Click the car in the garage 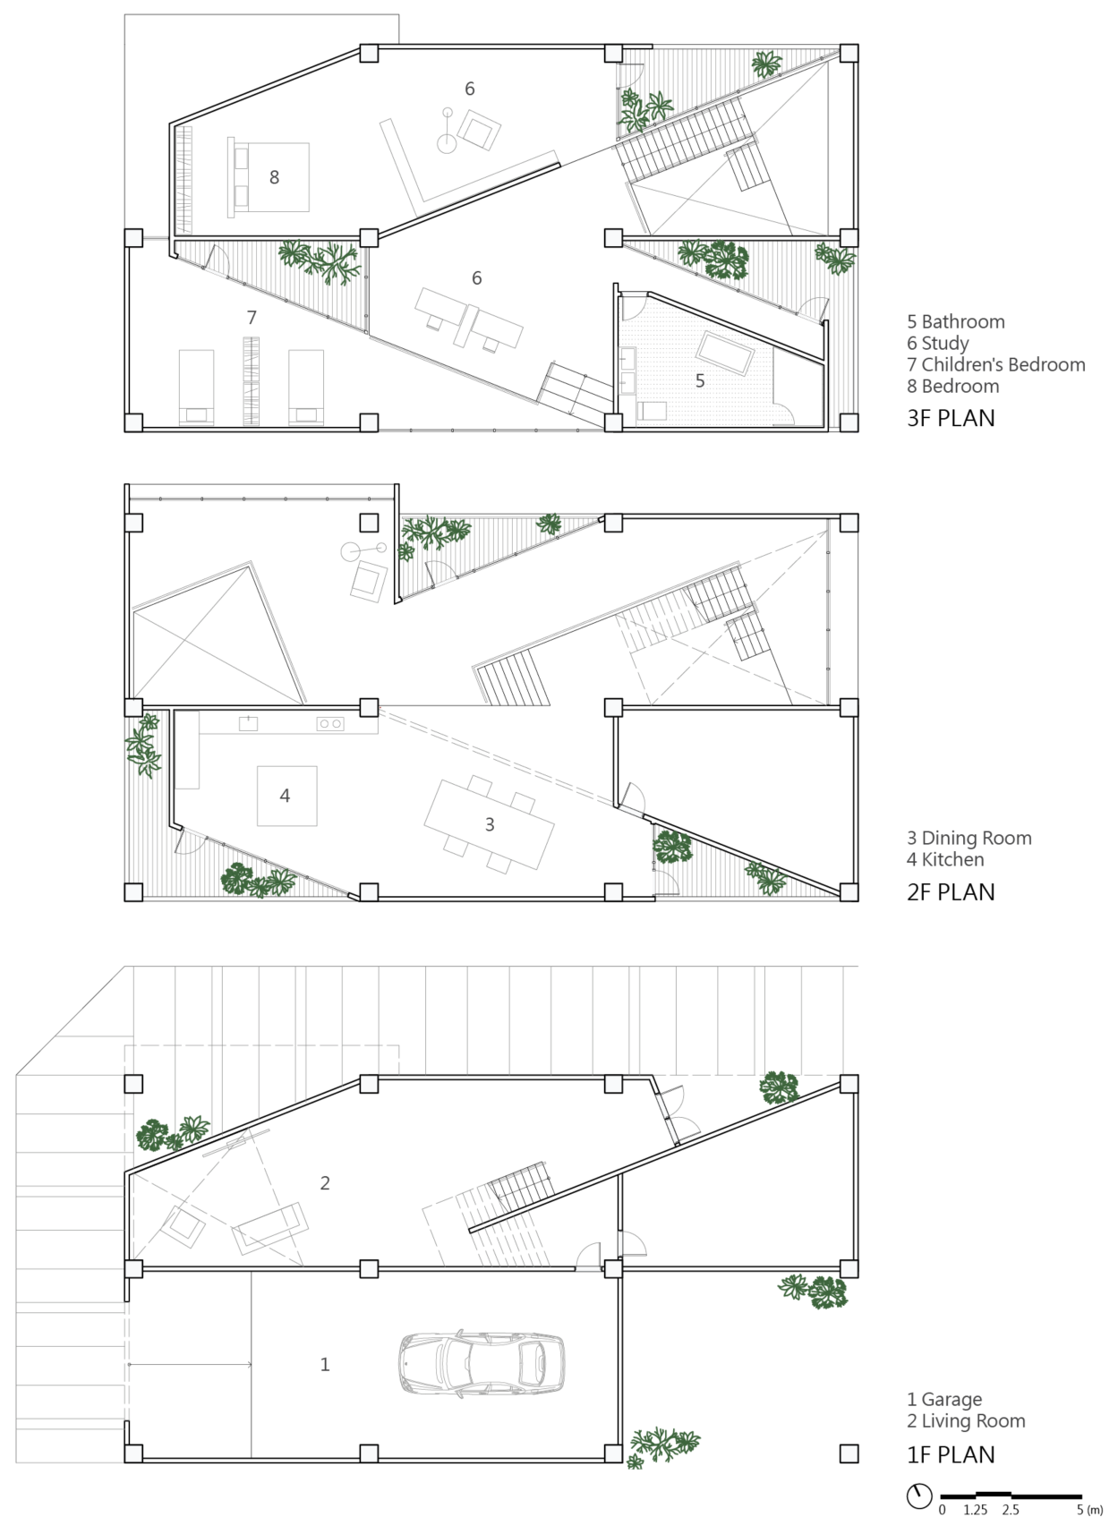(x=482, y=1363)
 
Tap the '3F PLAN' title (x=951, y=418)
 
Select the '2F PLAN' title (x=951, y=891)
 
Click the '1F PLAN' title (x=951, y=1454)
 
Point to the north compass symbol (x=919, y=1496)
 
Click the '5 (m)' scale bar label (x=1088, y=1510)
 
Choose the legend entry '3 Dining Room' (x=969, y=838)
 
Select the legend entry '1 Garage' (x=943, y=1399)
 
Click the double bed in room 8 (x=270, y=177)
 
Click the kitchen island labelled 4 (x=286, y=796)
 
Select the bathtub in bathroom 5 (x=726, y=353)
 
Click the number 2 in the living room (x=325, y=1182)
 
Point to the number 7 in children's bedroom (x=252, y=317)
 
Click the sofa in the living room (x=269, y=1227)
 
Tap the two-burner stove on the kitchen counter (x=330, y=723)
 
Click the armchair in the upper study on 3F (x=479, y=129)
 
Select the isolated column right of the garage (x=849, y=1454)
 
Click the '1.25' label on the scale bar (x=976, y=1510)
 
